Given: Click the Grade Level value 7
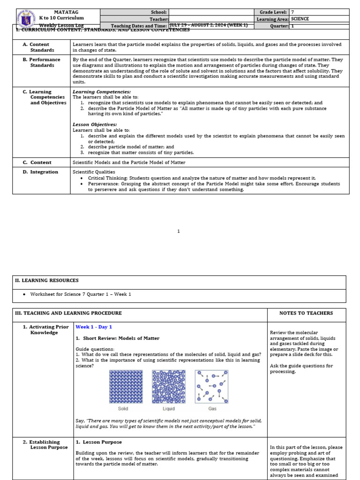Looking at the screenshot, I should click(x=293, y=12).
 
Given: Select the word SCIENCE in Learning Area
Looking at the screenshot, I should click(x=300, y=19).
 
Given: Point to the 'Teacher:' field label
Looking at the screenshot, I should click(x=158, y=19).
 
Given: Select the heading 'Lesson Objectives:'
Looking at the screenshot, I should click(x=95, y=124).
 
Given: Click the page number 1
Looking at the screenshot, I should click(x=179, y=231).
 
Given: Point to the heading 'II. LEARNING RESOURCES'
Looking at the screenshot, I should click(x=47, y=280).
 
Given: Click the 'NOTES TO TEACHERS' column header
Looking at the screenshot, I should click(x=306, y=313).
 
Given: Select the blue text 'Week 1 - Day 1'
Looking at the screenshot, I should click(x=94, y=327).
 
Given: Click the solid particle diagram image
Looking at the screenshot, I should click(x=126, y=387).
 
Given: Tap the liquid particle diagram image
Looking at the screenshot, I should click(x=168, y=387).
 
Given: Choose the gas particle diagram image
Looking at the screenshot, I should click(x=211, y=387).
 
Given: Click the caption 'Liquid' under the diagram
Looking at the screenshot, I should click(x=168, y=409).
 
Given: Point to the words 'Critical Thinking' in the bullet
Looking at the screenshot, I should click(x=108, y=178).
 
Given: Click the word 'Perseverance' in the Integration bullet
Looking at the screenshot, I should click(x=104, y=184).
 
